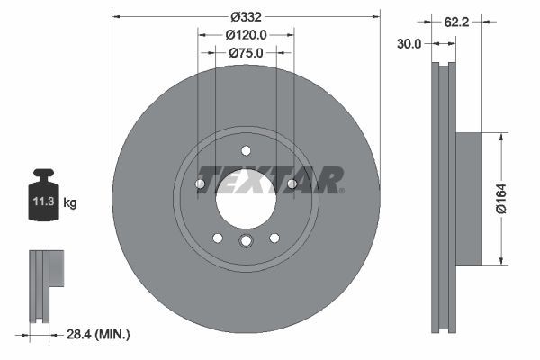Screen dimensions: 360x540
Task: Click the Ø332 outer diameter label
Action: (x=246, y=17)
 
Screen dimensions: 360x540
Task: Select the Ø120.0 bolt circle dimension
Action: (x=246, y=35)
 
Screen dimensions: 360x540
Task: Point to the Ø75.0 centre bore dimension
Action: (x=246, y=53)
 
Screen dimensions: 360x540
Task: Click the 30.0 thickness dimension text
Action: (x=409, y=44)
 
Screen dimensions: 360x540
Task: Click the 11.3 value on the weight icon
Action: (x=43, y=202)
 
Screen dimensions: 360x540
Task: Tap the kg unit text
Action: (x=70, y=202)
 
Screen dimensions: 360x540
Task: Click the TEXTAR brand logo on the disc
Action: (x=270, y=178)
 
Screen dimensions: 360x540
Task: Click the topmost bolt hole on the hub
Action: (x=246, y=150)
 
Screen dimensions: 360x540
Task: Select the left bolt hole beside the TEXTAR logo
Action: (x=200, y=184)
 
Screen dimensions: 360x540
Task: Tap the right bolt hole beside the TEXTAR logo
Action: (x=292, y=184)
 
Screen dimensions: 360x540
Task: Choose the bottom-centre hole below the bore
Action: (x=246, y=240)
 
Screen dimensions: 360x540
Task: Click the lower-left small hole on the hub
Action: (x=218, y=238)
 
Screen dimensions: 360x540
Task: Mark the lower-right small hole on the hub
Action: (x=274, y=238)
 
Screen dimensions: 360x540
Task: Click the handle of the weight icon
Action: (x=43, y=175)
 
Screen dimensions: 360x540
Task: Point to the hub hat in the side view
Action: (x=468, y=199)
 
